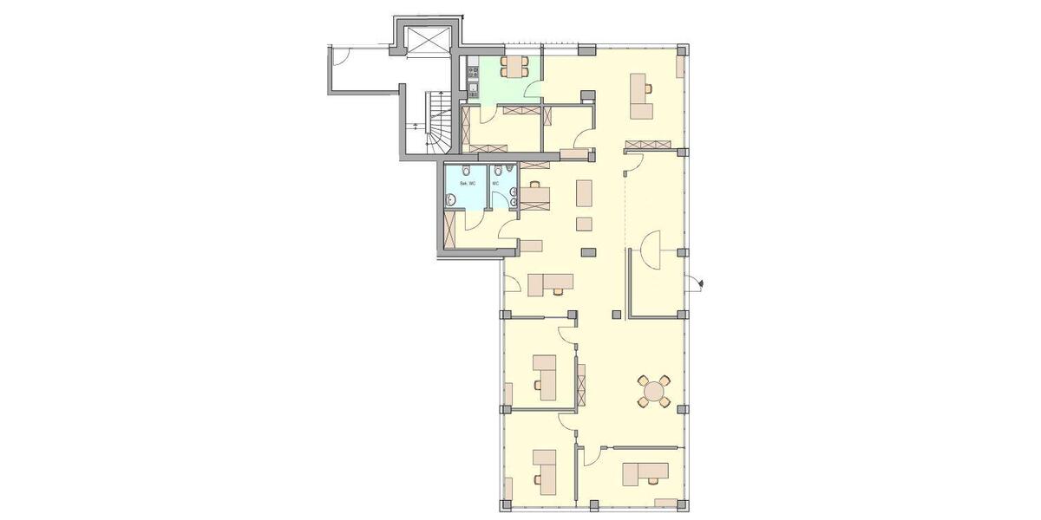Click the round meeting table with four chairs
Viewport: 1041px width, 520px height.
click(653, 391)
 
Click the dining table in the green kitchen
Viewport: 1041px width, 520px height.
click(515, 66)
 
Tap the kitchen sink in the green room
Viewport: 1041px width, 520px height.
click(473, 88)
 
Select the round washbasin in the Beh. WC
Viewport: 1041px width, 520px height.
click(451, 200)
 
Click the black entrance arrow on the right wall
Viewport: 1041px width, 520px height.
click(700, 281)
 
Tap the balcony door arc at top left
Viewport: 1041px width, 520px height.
click(341, 57)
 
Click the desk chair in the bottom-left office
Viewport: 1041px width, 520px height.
click(538, 478)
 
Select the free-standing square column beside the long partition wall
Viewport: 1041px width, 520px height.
click(617, 315)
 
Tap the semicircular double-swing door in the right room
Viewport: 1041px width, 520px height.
click(650, 247)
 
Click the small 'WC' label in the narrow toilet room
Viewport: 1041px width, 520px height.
click(495, 184)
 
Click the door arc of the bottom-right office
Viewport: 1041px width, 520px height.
click(595, 454)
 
